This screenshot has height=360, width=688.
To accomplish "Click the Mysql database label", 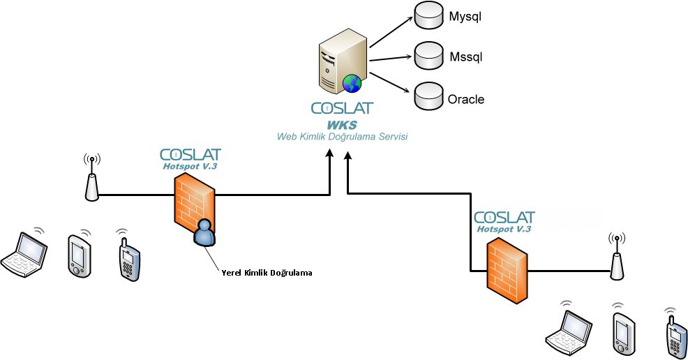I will pos(465,15).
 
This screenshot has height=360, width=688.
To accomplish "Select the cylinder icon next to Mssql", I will pos(428,55).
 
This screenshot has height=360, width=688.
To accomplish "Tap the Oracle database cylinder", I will pos(428,96).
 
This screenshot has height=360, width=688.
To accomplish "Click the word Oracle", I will pos(465,99).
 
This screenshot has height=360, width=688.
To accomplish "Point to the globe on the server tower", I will pos(351,82).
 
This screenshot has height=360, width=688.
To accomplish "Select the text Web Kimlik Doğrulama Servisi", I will pos(342,137).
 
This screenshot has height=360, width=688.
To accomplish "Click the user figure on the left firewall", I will pos(204,233).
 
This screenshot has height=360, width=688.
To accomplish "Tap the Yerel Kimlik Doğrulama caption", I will pos(266,273).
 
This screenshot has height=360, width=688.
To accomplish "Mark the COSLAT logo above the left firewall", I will pos(190,154).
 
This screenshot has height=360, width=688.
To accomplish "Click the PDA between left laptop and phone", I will pos(79,255).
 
